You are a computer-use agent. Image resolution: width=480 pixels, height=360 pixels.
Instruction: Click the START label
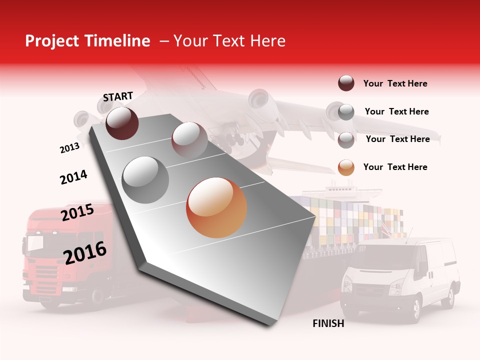point(118,96)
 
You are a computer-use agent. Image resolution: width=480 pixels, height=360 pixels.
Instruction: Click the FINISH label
point(328,323)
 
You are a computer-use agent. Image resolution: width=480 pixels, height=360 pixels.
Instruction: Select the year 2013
point(69,148)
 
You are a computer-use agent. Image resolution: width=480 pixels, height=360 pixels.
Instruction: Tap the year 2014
point(73,177)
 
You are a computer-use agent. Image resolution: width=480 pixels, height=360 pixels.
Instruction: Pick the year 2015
point(77,213)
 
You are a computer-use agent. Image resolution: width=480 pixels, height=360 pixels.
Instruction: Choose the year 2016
point(85,252)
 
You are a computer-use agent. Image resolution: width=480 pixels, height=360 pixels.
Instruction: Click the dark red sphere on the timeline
point(122,123)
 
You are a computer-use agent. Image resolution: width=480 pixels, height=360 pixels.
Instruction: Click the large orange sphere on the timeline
point(216,207)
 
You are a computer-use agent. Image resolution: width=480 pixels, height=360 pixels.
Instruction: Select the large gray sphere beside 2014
point(145,179)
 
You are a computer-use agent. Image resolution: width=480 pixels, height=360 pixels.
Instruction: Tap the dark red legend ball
point(346,83)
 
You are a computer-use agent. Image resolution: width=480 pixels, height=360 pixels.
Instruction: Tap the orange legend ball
point(346,167)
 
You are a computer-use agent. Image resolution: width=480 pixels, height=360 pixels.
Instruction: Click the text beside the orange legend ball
point(395,167)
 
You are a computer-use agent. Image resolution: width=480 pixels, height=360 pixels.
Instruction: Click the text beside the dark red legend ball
point(395,83)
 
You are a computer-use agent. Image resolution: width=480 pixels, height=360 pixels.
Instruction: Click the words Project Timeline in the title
point(87,41)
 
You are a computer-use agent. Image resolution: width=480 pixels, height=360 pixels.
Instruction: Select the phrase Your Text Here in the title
point(229,41)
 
